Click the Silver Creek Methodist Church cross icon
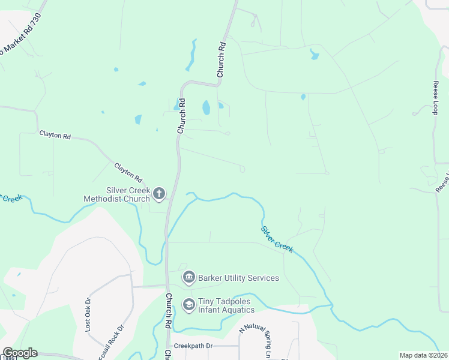[x=159, y=193]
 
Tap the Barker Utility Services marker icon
[x=188, y=277]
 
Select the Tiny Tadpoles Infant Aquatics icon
[x=188, y=305]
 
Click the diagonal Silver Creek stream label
[x=277, y=239]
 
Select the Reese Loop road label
[x=436, y=99]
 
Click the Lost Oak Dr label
[x=88, y=314]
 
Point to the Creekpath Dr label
[x=193, y=346]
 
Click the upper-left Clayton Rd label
[x=55, y=136]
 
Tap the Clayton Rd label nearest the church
[x=128, y=173]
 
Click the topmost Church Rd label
[x=221, y=59]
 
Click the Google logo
[x=20, y=353]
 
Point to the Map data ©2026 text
[x=423, y=355]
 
